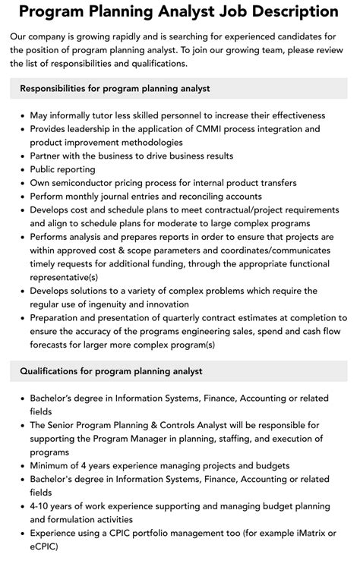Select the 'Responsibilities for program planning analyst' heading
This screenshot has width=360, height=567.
115,88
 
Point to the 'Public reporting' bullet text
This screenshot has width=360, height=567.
63,169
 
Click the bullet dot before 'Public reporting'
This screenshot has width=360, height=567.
21,169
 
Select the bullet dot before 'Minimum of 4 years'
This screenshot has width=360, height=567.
21,466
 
